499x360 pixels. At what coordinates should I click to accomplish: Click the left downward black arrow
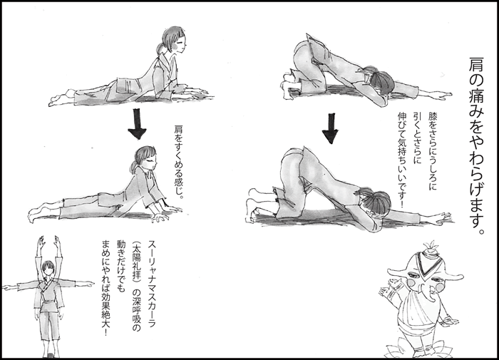[137, 124]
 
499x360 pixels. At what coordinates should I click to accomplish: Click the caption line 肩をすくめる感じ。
[179, 162]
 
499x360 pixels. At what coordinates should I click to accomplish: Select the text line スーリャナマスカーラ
[152, 284]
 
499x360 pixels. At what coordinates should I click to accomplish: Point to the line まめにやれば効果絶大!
[105, 287]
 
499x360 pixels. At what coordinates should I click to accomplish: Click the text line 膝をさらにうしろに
[433, 151]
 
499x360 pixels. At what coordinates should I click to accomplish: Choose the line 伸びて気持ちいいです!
[401, 160]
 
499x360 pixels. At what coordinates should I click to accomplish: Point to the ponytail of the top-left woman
[160, 48]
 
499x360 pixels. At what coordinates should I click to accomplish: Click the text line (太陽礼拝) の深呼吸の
[136, 286]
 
